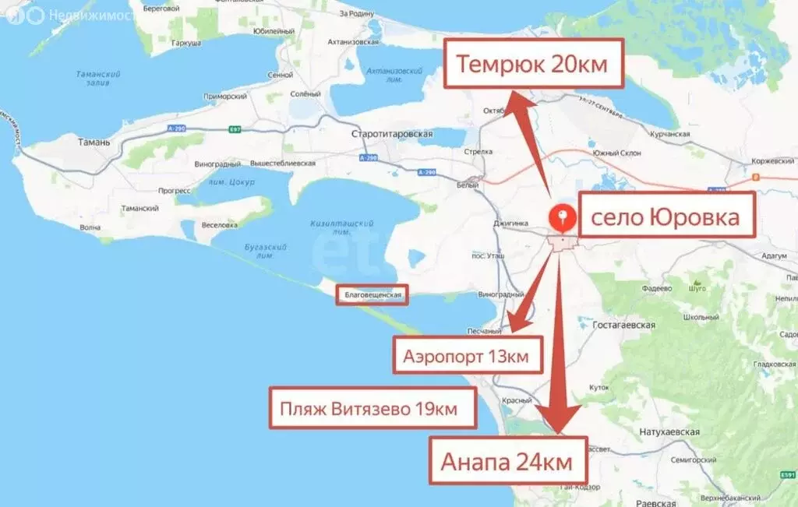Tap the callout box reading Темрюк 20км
[x=535, y=65]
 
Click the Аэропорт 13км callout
[x=467, y=357]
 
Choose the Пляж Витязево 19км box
[x=372, y=407]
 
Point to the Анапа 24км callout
[x=507, y=461]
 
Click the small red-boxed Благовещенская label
[x=373, y=295]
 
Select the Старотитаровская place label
[x=392, y=134]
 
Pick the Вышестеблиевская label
[x=283, y=164]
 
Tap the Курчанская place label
[x=669, y=134]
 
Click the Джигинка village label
[x=511, y=223]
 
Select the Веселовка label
[x=220, y=225]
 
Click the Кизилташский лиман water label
[x=341, y=227]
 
